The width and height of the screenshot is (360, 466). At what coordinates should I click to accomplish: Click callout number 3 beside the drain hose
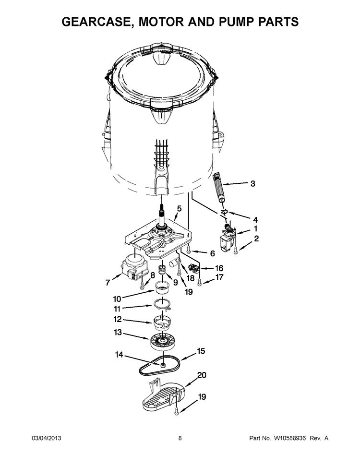(x=252, y=184)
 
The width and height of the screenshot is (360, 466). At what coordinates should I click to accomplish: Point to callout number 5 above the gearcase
(x=179, y=209)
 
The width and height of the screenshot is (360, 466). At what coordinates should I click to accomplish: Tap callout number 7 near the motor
(x=108, y=282)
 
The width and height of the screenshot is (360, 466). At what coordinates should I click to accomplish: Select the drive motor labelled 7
(x=133, y=268)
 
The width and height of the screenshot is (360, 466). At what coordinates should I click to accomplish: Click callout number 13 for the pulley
(x=118, y=332)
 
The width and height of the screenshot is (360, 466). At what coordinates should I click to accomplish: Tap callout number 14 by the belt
(x=119, y=355)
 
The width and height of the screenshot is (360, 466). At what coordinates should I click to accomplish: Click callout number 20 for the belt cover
(x=202, y=375)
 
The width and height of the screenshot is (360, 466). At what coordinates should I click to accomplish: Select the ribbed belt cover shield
(x=164, y=396)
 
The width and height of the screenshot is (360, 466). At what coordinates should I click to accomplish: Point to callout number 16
(x=219, y=268)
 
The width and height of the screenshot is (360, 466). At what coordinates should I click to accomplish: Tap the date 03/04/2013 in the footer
(x=47, y=438)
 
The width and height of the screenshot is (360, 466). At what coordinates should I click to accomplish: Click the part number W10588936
(x=289, y=438)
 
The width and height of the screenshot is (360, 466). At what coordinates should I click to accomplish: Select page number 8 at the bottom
(x=180, y=438)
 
